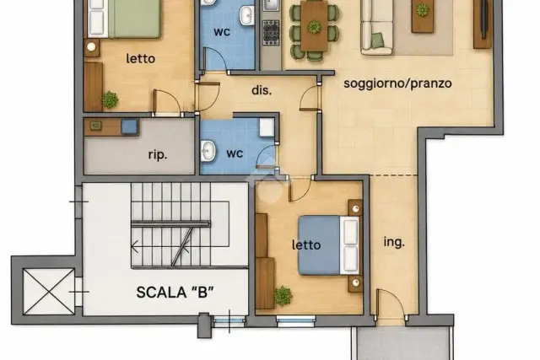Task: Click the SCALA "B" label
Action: click(175, 293)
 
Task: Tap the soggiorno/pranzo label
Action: click(397, 83)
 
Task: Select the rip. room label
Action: click(158, 155)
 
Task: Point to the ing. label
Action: click(394, 242)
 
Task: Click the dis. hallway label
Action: click(262, 90)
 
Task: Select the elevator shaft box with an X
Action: click(49, 292)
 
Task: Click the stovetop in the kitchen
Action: click(271, 33)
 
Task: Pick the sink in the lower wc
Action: click(208, 150)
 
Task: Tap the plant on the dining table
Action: click(313, 27)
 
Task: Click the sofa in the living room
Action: click(377, 27)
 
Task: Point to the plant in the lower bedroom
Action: click(283, 296)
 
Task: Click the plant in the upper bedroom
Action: click(110, 99)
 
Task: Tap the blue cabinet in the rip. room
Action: click(129, 126)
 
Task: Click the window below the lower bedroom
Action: click(296, 320)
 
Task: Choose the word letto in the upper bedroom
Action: click(141, 58)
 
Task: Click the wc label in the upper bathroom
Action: click(222, 32)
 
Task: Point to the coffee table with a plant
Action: click(423, 16)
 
